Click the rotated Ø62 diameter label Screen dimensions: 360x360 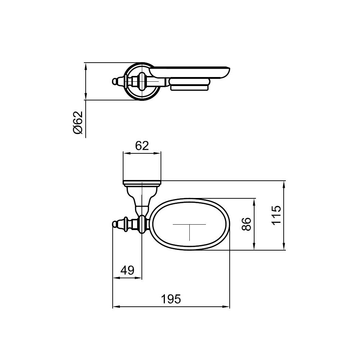pyautogui.click(x=78, y=122)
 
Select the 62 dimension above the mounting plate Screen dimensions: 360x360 pyautogui.click(x=142, y=146)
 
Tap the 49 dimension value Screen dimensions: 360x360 pyautogui.click(x=127, y=270)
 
